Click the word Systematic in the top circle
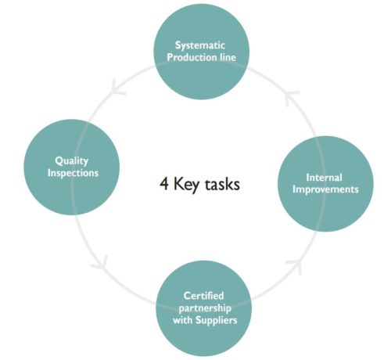pyautogui.click(x=200, y=45)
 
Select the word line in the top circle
pyautogui.click(x=228, y=57)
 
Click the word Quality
pyautogui.click(x=71, y=161)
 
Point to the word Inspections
pyautogui.click(x=73, y=173)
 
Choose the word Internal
pyautogui.click(x=324, y=178)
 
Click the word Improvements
pyautogui.click(x=325, y=189)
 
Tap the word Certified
pyautogui.click(x=203, y=296)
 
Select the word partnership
pyautogui.click(x=205, y=308)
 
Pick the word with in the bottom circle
pyautogui.click(x=183, y=320)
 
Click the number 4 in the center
pyautogui.click(x=164, y=184)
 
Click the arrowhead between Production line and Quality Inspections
pyautogui.click(x=116, y=88)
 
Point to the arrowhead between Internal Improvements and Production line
pyautogui.click(x=291, y=97)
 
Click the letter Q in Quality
pyautogui.click(x=59, y=161)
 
